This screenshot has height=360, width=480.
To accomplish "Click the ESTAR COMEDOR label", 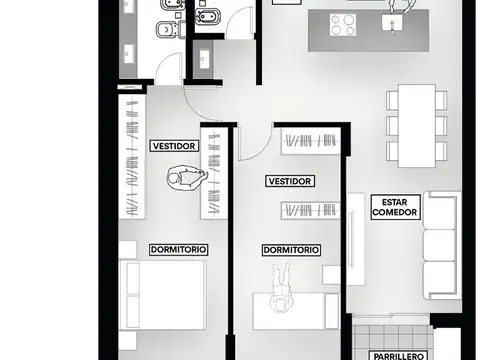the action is (x=395, y=207).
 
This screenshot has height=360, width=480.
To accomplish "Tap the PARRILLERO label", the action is (x=398, y=356).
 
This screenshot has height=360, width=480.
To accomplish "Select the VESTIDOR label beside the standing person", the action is (x=174, y=146).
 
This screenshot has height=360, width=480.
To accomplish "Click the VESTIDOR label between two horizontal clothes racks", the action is (x=290, y=181).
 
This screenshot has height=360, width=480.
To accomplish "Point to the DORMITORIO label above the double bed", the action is (x=179, y=249).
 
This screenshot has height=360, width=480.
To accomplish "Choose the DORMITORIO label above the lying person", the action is (x=291, y=250).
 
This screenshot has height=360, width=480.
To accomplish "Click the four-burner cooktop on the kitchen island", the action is (x=343, y=25).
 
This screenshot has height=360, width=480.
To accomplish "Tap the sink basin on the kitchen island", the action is (x=392, y=22).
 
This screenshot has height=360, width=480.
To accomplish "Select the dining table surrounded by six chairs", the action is (x=417, y=126).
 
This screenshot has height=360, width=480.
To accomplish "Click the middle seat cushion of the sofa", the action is (x=439, y=245).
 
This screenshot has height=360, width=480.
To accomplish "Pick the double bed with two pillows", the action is (x=162, y=295).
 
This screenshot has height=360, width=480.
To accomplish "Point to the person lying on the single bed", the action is (x=281, y=287).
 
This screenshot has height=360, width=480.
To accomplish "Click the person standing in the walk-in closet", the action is (x=187, y=178).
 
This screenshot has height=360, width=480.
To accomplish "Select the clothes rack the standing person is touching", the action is (x=214, y=173).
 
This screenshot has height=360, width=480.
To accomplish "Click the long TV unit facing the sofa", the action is (x=355, y=239).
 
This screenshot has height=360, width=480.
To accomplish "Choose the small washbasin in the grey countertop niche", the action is (x=203, y=59).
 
